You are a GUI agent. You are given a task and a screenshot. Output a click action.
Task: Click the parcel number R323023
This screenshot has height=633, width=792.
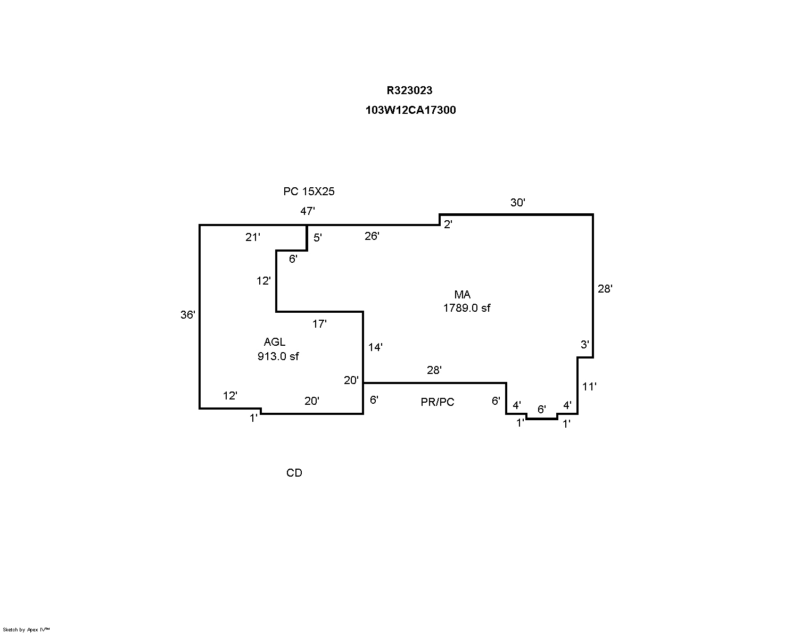coord(409,90)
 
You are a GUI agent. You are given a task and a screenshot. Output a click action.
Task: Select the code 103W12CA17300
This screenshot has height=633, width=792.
coord(410,110)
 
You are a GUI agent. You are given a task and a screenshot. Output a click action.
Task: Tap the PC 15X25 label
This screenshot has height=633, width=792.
coord(309,191)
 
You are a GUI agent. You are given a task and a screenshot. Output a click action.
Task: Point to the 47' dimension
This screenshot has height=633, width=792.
coord(308,211)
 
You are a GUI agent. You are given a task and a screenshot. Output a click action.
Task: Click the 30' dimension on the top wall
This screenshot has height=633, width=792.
coord(518,203)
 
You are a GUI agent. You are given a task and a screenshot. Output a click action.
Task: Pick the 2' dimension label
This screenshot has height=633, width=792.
coord(448,224)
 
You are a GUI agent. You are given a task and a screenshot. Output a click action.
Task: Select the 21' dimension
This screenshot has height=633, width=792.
coord(253,237)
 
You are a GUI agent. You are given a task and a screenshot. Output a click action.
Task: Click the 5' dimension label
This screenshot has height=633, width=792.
coord(318,238)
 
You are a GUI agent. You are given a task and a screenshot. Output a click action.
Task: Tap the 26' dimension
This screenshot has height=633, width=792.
coord(372,236)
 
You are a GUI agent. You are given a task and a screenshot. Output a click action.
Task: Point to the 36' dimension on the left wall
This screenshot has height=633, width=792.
coord(188,315)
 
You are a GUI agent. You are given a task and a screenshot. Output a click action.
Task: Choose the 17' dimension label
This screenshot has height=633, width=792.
coord(319,324)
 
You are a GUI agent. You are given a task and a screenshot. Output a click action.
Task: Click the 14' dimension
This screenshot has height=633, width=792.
coord(375,347)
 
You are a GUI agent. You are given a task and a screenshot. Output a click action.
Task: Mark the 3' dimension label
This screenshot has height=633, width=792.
coord(584,345)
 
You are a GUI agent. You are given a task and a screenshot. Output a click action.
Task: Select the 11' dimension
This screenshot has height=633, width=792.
coord(589,387)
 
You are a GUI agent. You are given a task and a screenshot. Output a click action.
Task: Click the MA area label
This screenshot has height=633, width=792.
coord(462,295)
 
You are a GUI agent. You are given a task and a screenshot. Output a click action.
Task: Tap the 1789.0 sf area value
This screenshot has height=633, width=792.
coord(467,308)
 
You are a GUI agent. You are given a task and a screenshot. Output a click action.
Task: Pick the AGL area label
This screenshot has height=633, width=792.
coord(275,342)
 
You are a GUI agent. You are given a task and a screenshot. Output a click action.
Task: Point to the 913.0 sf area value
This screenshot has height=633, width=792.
coord(278,356)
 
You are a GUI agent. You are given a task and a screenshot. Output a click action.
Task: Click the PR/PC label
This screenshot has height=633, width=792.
coord(438,402)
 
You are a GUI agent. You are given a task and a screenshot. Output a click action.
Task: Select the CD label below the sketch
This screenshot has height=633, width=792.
coord(294,473)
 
